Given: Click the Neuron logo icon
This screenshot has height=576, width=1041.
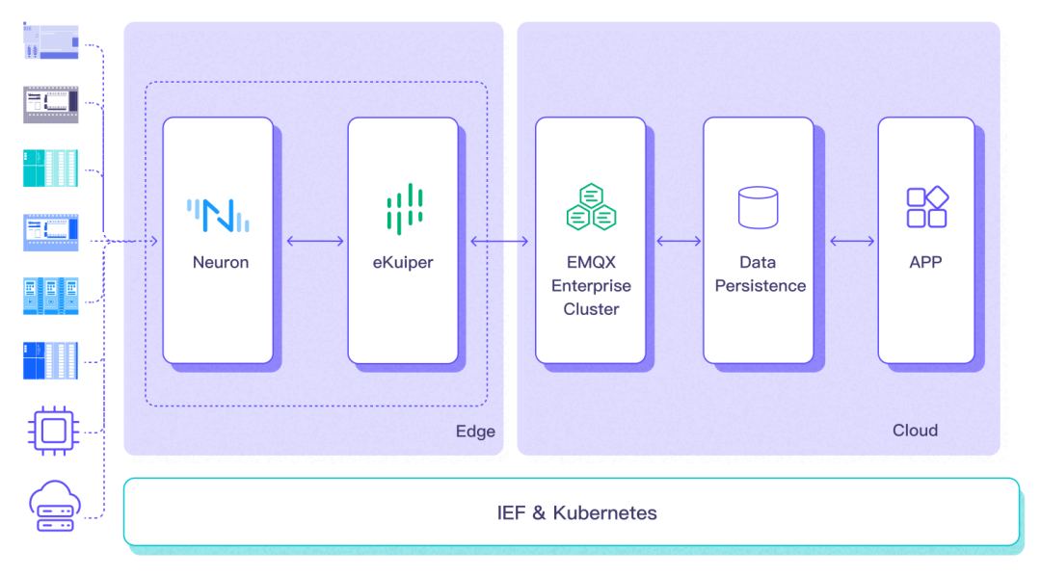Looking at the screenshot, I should coord(219,214).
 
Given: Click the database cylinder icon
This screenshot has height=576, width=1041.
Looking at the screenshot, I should coord(758,207).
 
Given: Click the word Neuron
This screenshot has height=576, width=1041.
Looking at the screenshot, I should coord(220,262).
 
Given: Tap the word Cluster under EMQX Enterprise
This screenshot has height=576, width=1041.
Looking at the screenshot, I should coord(591,309).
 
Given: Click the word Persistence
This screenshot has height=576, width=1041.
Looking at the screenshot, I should coord(760,286).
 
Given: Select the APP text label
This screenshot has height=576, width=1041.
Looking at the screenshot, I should coord(925,262).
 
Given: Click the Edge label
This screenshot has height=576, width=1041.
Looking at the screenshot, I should coord(475,432).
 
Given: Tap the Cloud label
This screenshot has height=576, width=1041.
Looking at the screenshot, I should coord(915,431).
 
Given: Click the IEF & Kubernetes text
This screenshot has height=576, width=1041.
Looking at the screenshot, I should coord(576,512).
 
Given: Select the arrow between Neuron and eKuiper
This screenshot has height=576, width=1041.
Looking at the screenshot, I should coord(315,241).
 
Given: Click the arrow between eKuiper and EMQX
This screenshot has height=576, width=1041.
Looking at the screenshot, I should coord(499,241).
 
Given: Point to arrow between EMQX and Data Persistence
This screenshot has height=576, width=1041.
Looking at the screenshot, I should coord(679,241).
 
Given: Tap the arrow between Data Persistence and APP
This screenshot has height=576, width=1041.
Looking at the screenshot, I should coord(851,241).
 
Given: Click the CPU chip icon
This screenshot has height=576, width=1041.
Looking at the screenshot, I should coord(52,429).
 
